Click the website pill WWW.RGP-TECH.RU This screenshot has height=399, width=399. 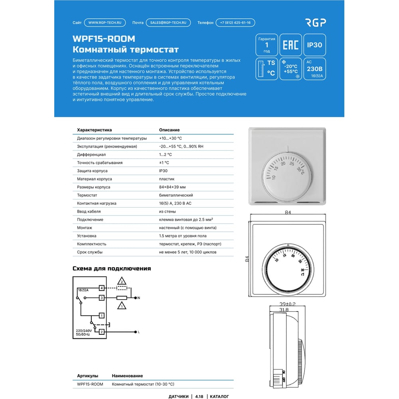105,23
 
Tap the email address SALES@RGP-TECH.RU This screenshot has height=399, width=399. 168,23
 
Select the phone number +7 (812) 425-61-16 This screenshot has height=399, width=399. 235,23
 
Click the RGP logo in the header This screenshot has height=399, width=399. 316,23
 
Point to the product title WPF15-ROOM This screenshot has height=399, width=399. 104,39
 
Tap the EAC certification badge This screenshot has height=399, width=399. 290,45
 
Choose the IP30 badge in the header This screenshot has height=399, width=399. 314,45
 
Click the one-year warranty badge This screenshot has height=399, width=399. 267,45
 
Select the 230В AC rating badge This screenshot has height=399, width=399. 314,69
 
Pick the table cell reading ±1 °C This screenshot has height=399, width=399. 164,163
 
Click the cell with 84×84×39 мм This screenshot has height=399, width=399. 172,187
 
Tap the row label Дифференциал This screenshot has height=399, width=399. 91,154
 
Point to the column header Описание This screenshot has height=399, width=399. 169,130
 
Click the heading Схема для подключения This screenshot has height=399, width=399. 112,269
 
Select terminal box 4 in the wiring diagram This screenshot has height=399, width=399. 102,288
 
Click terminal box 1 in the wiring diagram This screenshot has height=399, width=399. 102,316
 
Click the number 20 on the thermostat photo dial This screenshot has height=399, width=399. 283,164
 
